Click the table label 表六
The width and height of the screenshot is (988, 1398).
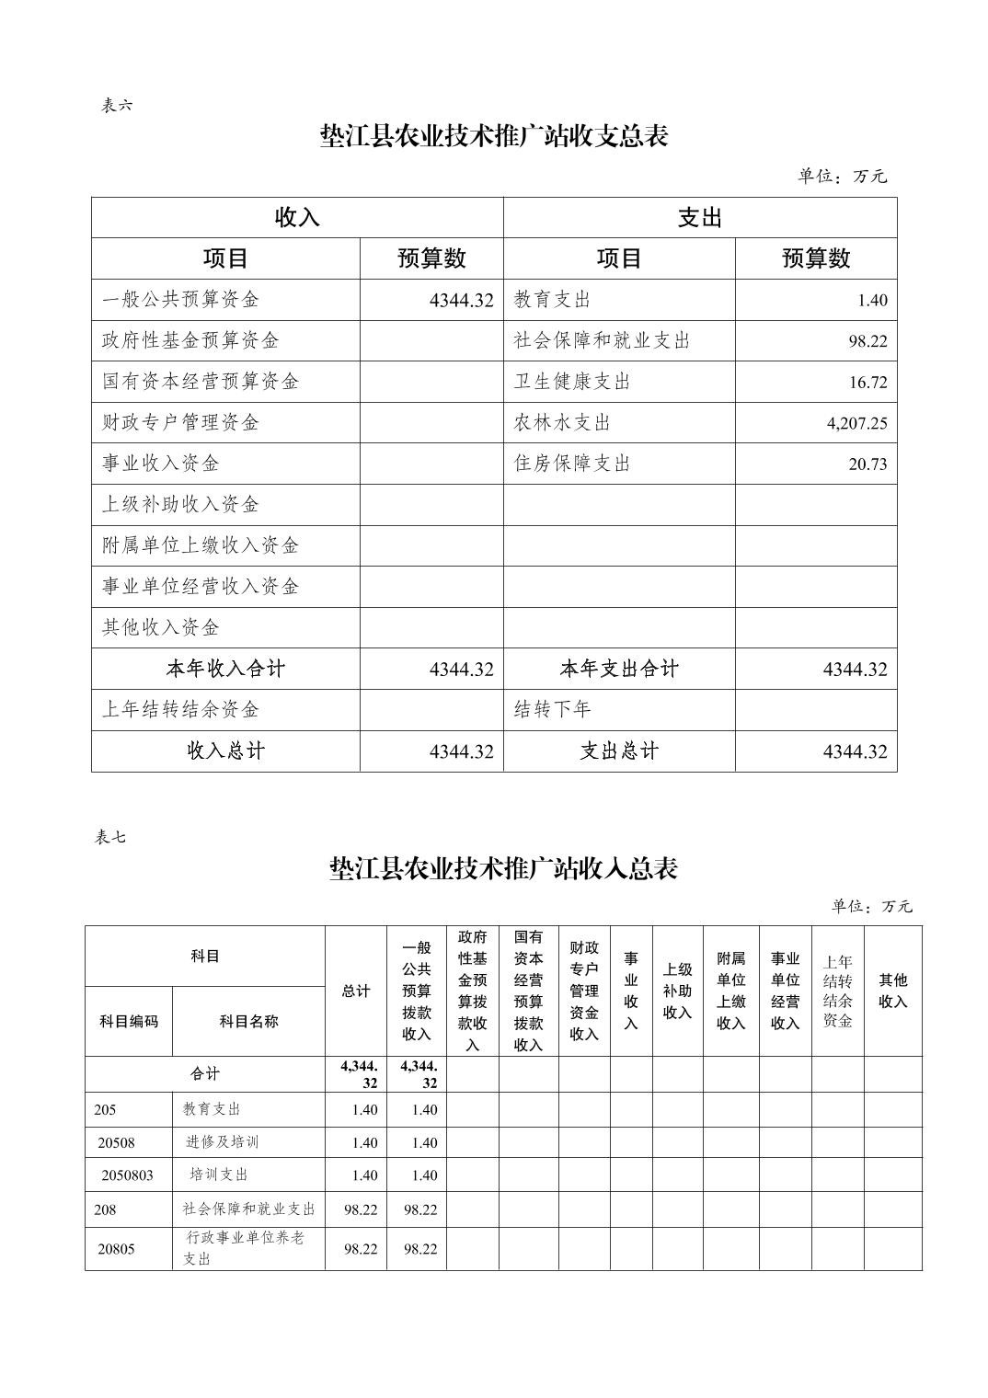coord(117,106)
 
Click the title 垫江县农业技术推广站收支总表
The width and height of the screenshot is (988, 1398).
coord(494,136)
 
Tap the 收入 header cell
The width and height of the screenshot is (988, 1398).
coord(297,218)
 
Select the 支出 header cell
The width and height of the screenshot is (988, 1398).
coord(700,218)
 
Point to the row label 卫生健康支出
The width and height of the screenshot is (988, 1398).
coord(572,382)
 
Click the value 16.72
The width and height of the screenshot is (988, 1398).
coord(867,383)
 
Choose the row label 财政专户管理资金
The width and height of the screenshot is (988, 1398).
coord(180,423)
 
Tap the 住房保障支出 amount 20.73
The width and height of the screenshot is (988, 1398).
coord(867,464)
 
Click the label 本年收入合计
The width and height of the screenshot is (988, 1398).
coord(225,670)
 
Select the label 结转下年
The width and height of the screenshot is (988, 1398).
coord(552,710)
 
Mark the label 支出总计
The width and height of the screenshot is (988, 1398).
coord(619,751)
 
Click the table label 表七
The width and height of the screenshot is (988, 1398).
coord(110,837)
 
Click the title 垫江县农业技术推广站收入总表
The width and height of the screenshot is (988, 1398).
coord(503,868)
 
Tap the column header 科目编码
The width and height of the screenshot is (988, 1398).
coord(129,1021)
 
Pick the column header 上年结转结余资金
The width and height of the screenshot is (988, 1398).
coord(837,991)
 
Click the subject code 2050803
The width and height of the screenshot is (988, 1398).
coord(128,1175)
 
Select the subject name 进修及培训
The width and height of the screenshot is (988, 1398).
coord(222,1142)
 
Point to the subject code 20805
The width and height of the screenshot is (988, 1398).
coord(117,1249)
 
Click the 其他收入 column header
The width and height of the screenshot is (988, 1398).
coord(892,991)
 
